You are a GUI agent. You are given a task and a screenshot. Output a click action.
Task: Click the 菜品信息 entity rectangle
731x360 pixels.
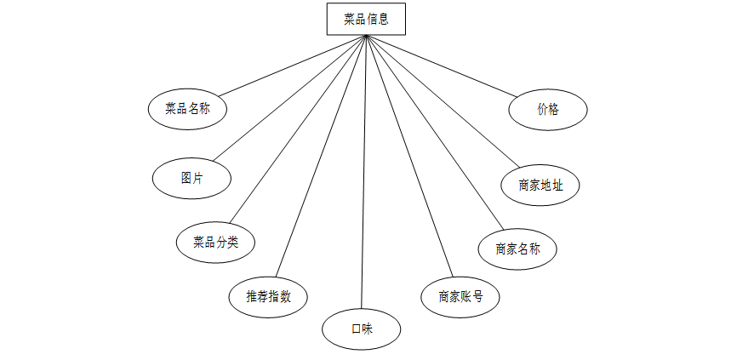(366, 20)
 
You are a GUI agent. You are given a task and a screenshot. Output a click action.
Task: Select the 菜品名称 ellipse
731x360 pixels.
(188, 109)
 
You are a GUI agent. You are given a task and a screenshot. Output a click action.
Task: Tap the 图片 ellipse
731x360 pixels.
(191, 179)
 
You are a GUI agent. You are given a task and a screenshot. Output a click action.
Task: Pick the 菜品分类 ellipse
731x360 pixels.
(215, 242)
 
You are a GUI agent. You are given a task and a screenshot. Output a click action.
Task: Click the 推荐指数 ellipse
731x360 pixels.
(268, 297)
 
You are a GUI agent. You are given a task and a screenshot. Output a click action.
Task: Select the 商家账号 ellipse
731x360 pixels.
(460, 297)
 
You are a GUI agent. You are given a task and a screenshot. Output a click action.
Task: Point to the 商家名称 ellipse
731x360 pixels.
(517, 249)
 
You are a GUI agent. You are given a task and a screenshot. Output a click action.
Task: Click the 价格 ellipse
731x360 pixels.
(548, 110)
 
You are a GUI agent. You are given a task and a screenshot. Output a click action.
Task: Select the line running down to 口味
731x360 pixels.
(363, 170)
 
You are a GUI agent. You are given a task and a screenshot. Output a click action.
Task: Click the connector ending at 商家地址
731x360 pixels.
(443, 100)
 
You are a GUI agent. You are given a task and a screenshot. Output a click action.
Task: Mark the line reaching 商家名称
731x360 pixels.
(430, 134)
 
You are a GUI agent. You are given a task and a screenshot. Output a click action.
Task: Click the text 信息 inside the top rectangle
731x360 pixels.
(378, 20)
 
